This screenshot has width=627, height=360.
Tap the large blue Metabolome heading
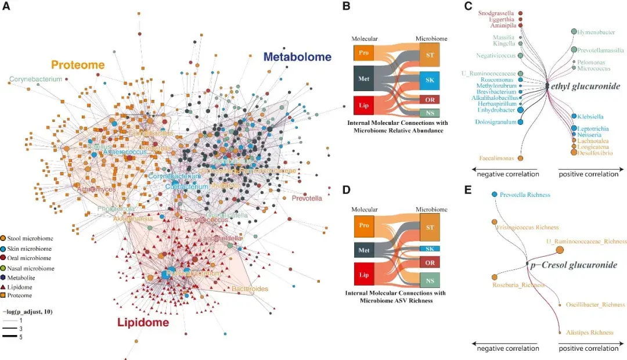[297, 57]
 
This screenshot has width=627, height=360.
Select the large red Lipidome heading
[143, 322]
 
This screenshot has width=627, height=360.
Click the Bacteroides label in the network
[250, 288]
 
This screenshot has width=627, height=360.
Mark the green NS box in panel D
[430, 280]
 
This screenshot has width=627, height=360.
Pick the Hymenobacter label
[600, 31]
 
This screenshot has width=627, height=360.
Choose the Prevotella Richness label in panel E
[525, 195]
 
